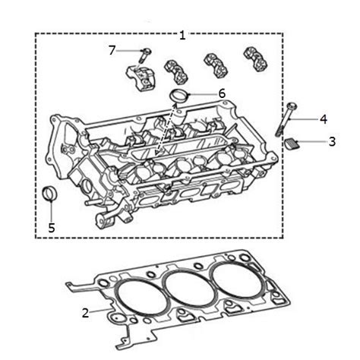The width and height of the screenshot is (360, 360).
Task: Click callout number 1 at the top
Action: click(x=182, y=34)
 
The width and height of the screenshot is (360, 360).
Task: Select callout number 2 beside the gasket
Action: click(x=85, y=311)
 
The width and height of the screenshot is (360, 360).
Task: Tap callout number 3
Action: click(x=332, y=141)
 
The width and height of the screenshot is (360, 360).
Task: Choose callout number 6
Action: click(x=222, y=93)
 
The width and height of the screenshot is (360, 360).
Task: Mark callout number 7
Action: click(x=112, y=50)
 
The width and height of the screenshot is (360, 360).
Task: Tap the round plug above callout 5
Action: click(x=50, y=193)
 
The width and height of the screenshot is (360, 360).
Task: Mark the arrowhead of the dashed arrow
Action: click(x=156, y=153)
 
